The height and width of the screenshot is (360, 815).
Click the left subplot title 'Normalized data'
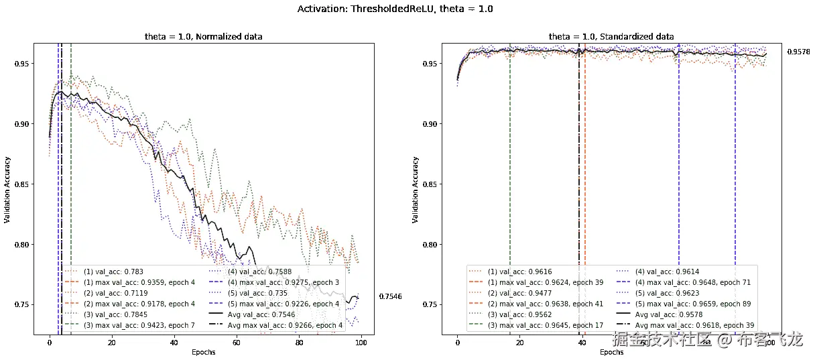203,36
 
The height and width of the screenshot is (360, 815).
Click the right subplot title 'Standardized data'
611,36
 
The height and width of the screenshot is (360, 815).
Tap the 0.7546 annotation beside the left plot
390,296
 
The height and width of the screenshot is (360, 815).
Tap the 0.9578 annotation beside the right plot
798,52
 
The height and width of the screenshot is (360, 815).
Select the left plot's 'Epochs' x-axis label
203,352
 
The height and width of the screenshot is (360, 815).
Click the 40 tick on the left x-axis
174,343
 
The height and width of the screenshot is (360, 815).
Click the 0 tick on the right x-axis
457,343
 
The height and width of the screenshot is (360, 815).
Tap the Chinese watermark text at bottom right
708,340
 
